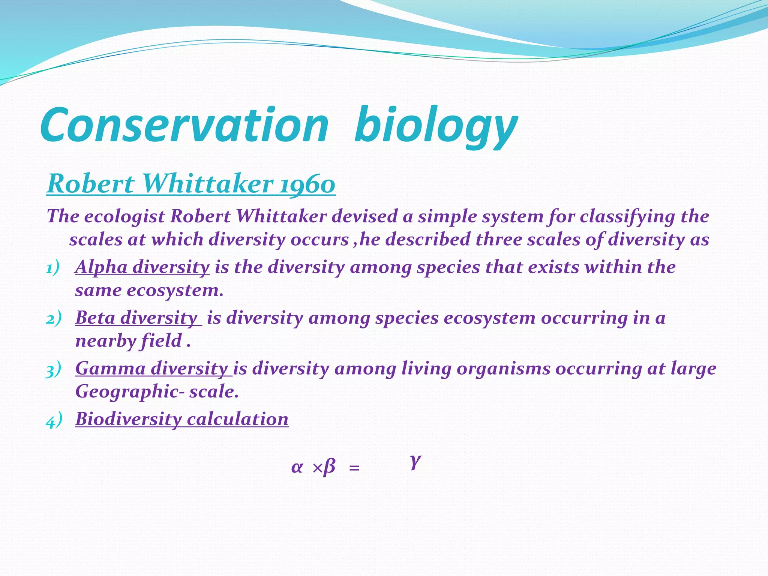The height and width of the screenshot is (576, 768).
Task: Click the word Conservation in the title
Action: pyautogui.click(x=184, y=126)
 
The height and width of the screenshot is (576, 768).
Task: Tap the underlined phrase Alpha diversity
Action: pyautogui.click(x=142, y=267)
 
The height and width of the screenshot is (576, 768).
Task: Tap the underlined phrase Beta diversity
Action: pyautogui.click(x=137, y=318)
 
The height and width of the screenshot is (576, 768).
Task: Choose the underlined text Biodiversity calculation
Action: pyautogui.click(x=182, y=419)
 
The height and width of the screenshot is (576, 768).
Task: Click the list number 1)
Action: pyautogui.click(x=53, y=268)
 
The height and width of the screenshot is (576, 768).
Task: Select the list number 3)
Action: pyautogui.click(x=53, y=370)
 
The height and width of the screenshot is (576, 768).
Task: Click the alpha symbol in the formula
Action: pyautogui.click(x=297, y=468)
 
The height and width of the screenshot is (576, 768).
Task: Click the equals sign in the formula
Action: pyautogui.click(x=354, y=468)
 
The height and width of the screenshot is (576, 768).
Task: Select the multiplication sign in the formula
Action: pyautogui.click(x=317, y=468)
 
